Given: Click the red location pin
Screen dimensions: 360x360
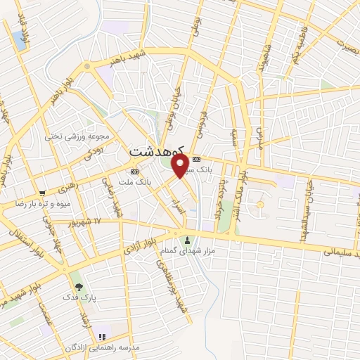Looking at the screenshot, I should pos(180,165).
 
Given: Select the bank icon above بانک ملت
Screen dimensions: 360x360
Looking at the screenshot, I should pos(135,171).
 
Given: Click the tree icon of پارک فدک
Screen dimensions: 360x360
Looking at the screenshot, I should pos(79,287).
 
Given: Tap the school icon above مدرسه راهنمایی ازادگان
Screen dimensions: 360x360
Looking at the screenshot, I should pos(102,337).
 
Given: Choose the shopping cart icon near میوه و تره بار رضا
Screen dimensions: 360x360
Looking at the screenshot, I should pos(43,192).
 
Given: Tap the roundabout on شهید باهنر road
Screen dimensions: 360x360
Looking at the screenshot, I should pos(87,65).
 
